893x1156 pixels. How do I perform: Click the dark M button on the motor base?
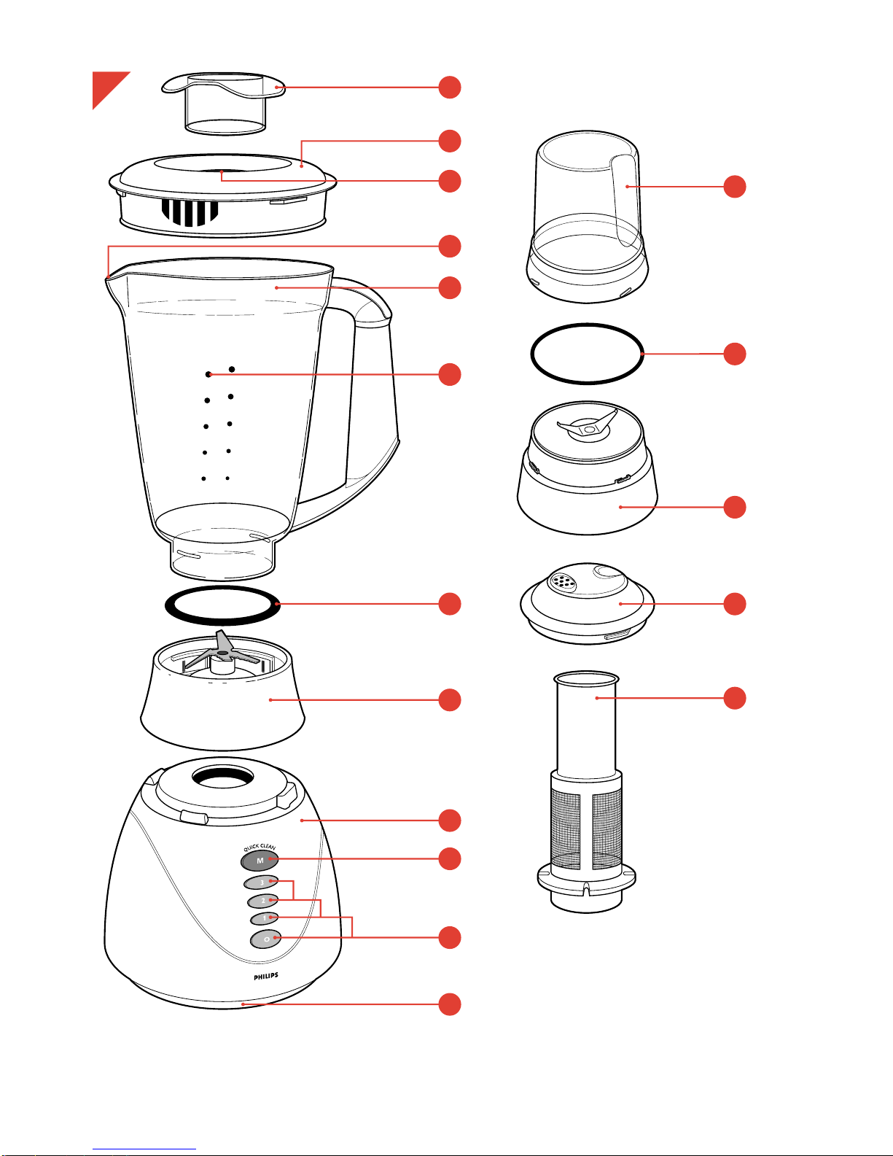pyautogui.click(x=260, y=861)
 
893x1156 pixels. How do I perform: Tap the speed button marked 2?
pyautogui.click(x=263, y=901)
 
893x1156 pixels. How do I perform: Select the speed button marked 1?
pyautogui.click(x=265, y=918)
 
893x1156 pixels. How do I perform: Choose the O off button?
pyautogui.click(x=266, y=939)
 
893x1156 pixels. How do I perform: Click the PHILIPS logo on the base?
pyautogui.click(x=266, y=976)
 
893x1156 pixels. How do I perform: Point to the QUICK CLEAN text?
pyautogui.click(x=260, y=847)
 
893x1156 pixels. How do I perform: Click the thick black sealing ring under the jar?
pyautogui.click(x=223, y=605)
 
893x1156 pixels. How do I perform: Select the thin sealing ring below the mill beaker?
pyautogui.click(x=587, y=354)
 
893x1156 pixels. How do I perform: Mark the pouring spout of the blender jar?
pyautogui.click(x=110, y=277)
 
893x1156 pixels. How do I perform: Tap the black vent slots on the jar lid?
pyautogui.click(x=190, y=212)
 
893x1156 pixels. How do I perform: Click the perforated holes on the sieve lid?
pyautogui.click(x=562, y=581)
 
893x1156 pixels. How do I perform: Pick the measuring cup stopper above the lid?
pyautogui.click(x=225, y=102)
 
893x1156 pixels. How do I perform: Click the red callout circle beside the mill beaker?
pyautogui.click(x=735, y=187)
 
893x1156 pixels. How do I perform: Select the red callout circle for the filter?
pyautogui.click(x=735, y=698)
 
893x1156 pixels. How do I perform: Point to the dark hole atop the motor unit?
pyautogui.click(x=223, y=777)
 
